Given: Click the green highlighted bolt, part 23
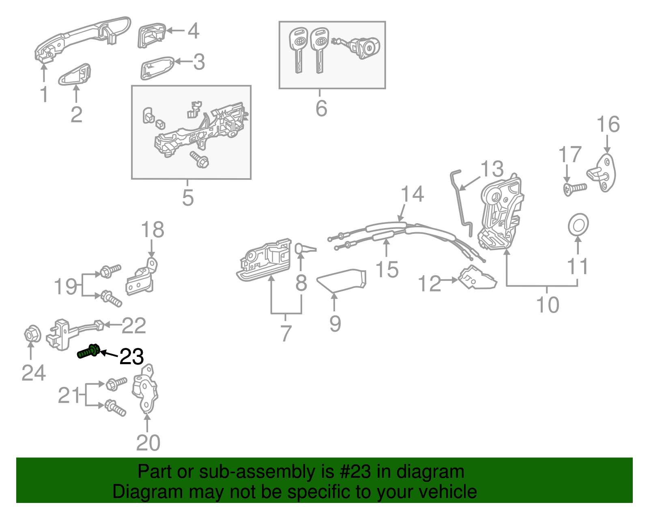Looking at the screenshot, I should point(88,352).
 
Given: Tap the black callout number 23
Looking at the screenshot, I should point(132,356).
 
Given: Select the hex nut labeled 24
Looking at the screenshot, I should point(31,335).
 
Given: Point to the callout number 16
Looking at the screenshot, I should point(608,124).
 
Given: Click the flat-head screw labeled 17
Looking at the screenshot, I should point(574,189).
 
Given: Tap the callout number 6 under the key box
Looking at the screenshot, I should point(321,108).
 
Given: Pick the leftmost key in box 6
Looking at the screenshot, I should point(298,49).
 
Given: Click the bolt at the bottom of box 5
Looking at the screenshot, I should point(200,160).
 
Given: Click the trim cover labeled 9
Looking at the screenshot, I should point(343,280).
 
